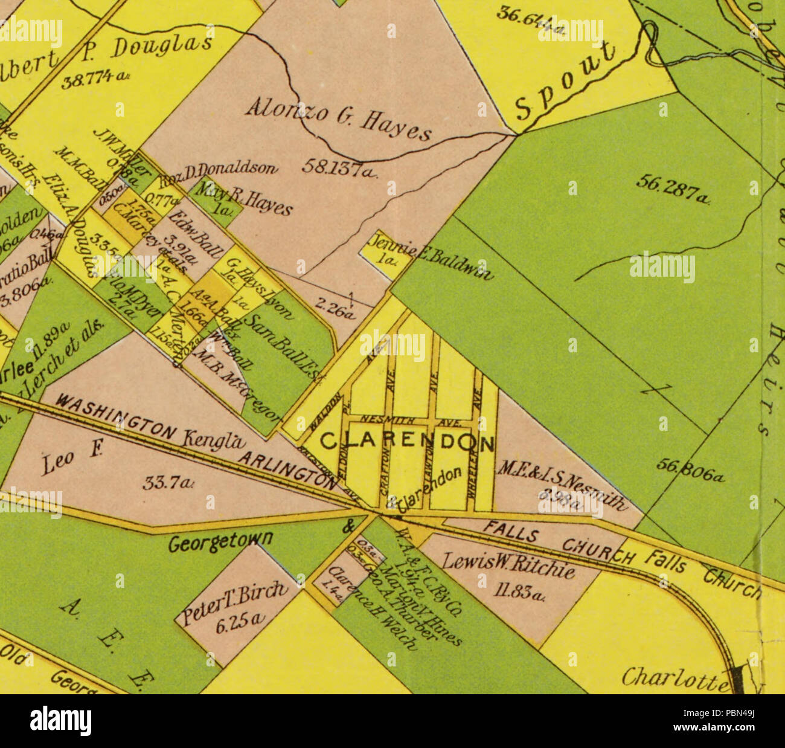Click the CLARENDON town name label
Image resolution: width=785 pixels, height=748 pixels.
(406, 443)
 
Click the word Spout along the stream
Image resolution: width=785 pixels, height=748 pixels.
(565, 82)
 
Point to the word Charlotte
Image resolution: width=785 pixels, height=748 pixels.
(674, 678)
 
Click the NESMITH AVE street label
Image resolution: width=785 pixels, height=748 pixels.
(410, 419)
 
